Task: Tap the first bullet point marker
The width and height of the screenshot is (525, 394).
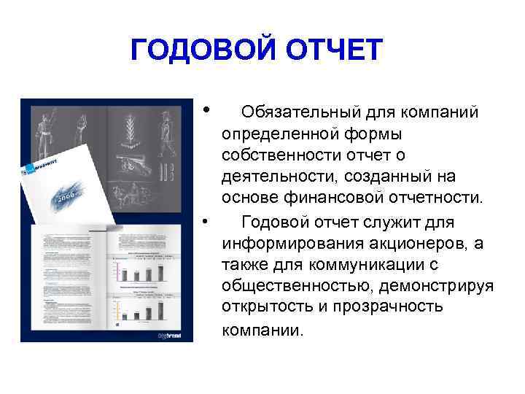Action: [x=208, y=109]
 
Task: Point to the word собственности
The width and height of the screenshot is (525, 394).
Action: [x=280, y=155]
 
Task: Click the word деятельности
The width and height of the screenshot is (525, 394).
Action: [x=270, y=177]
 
